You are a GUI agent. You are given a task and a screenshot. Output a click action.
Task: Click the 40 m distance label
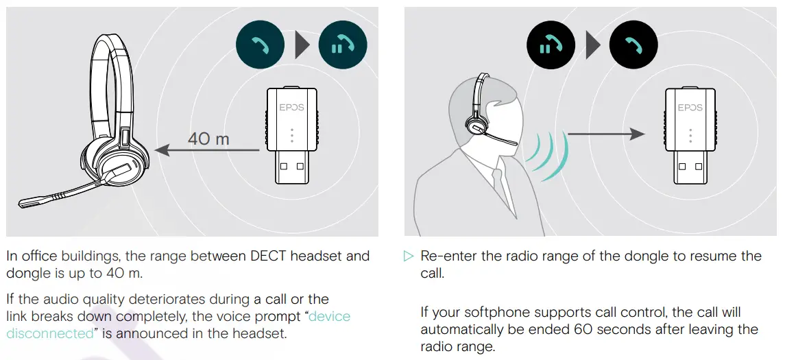[208, 139]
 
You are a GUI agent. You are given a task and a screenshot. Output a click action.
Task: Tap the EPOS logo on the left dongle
[291, 107]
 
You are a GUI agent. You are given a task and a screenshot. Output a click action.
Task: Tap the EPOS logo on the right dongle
[690, 107]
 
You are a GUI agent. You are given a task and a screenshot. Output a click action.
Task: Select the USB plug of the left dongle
[291, 167]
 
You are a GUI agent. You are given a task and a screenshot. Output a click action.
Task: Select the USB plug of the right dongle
[690, 167]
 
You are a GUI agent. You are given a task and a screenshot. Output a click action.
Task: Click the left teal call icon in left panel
[259, 47]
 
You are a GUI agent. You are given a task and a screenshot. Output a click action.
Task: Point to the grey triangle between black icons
[593, 47]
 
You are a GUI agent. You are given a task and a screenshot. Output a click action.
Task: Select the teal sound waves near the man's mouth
[548, 156]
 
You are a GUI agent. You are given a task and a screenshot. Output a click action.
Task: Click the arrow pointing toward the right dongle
[607, 134]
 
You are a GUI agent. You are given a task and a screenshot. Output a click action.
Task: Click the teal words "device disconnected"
[329, 317]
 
